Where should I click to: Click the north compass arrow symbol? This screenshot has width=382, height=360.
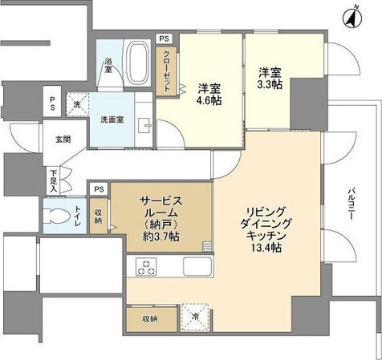click(352, 14)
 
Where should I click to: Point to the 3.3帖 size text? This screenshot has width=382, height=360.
click(269, 83)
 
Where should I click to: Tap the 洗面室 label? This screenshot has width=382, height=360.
click(112, 120)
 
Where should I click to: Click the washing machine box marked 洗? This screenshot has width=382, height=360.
click(77, 104)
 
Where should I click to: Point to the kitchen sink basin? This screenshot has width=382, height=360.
click(197, 266)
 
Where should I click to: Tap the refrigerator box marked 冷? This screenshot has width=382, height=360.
click(194, 316)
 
